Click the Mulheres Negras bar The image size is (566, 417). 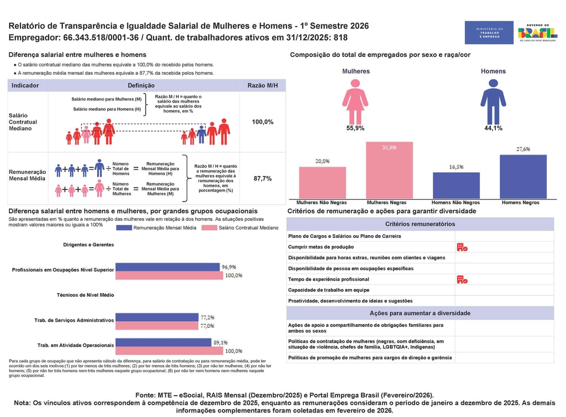click(389, 171)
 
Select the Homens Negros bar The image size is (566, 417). click(523, 177)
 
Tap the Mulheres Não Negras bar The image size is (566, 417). click(322, 183)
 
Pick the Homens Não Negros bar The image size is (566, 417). click(456, 186)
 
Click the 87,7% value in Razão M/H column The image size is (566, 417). click(263, 179)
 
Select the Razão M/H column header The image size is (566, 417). click(263, 86)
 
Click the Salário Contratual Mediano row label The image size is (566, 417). click(23, 122)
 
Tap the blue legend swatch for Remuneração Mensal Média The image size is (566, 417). click(124, 228)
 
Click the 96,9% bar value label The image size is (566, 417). click(229, 267)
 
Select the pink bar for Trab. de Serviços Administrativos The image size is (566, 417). click(157, 326)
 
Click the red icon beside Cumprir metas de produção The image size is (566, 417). click(462, 247)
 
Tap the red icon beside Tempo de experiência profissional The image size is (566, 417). click(462, 279)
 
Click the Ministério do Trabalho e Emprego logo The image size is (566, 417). click(489, 33)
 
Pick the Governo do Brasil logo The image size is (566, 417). click(537, 33)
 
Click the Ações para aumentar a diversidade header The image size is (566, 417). click(420, 313)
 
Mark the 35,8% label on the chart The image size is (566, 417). click(389, 148)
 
